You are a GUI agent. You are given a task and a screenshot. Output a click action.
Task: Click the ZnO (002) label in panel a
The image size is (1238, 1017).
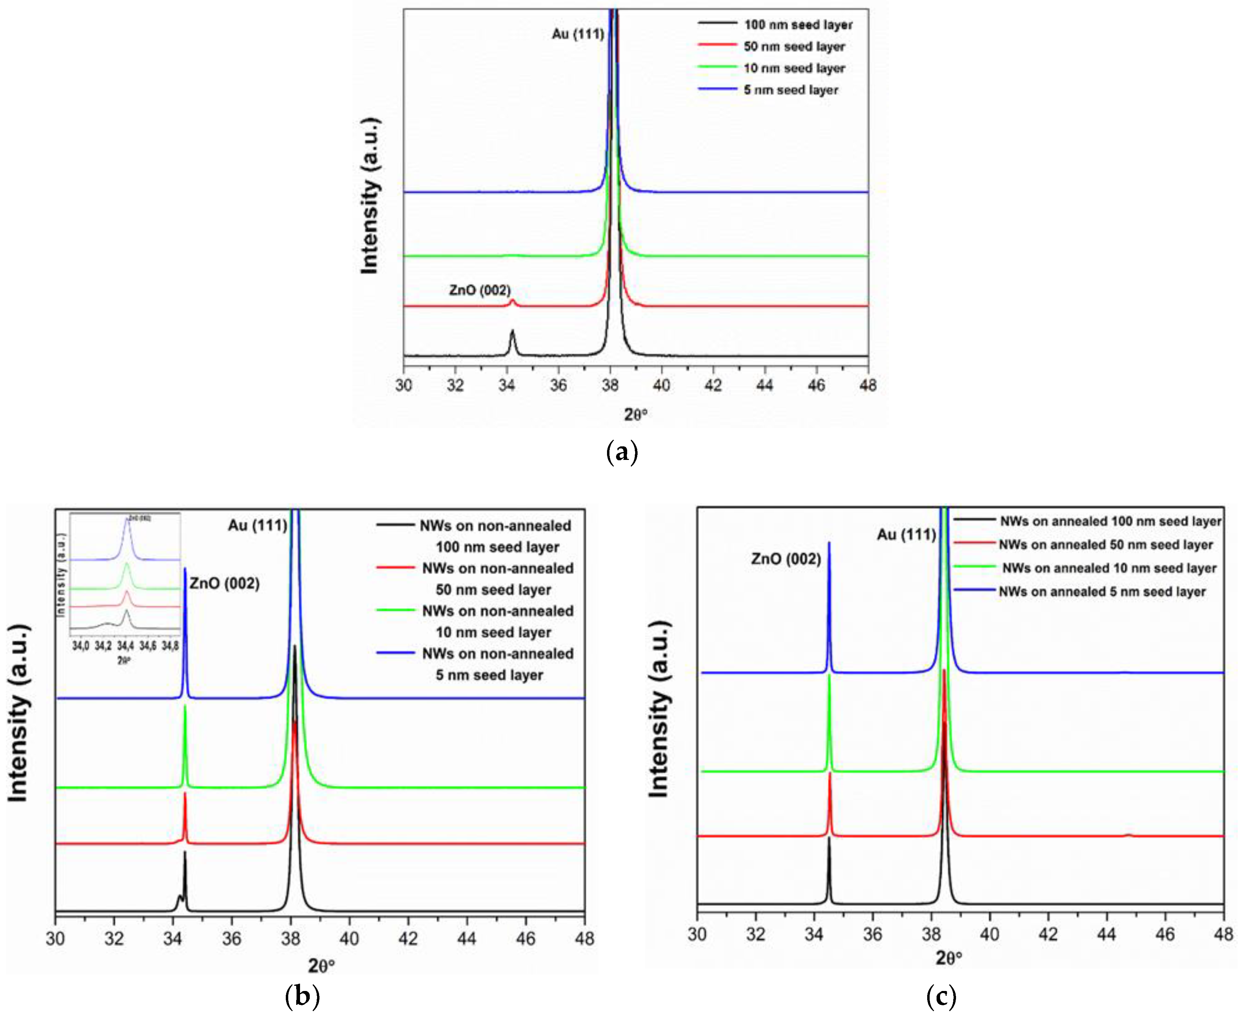pos(480,290)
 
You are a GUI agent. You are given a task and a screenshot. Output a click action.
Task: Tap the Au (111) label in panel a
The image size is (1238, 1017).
pos(578,34)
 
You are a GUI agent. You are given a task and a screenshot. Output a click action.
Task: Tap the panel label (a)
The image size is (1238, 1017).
pos(621,453)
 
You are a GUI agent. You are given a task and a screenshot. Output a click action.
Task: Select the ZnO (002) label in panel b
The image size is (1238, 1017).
pos(224,583)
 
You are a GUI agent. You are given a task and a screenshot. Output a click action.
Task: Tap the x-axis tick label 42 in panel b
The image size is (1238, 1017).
pos(408,939)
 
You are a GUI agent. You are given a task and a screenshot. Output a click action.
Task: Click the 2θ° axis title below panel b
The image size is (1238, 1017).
pos(321,965)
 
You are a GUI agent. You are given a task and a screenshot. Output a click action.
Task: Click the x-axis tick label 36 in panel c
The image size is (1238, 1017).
pos(872,934)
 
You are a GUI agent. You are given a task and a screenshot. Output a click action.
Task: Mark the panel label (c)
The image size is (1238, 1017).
pos(941,996)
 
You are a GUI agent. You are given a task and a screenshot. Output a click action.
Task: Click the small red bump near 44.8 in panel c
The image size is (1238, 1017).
pos(1128,834)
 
